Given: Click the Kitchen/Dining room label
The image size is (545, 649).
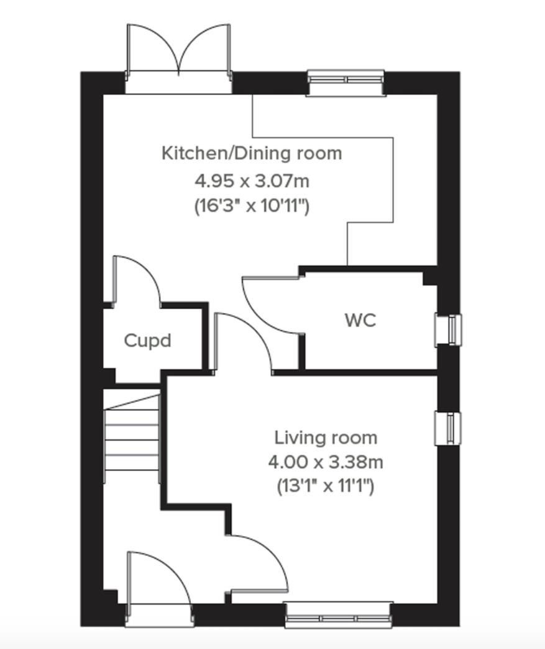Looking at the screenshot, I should click(x=252, y=153).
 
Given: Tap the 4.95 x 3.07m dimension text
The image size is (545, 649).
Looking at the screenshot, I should click(x=252, y=182).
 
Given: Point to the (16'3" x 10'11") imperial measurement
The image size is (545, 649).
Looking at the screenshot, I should click(x=252, y=206).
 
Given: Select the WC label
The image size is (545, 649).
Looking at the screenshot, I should click(x=360, y=321).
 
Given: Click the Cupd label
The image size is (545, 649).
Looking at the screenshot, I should click(x=147, y=341).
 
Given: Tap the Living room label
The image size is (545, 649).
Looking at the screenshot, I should click(x=326, y=438).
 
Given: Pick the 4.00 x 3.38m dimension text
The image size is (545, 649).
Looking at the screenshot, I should click(x=326, y=462).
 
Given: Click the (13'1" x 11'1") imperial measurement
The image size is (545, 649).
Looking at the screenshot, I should click(x=326, y=487).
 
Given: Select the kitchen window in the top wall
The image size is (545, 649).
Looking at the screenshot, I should click(x=346, y=83).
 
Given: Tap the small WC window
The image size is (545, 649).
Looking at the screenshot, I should click(x=449, y=329).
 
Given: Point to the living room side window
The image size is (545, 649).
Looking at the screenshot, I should click(x=449, y=428).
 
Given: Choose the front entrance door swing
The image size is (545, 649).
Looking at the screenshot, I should click(x=155, y=580).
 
